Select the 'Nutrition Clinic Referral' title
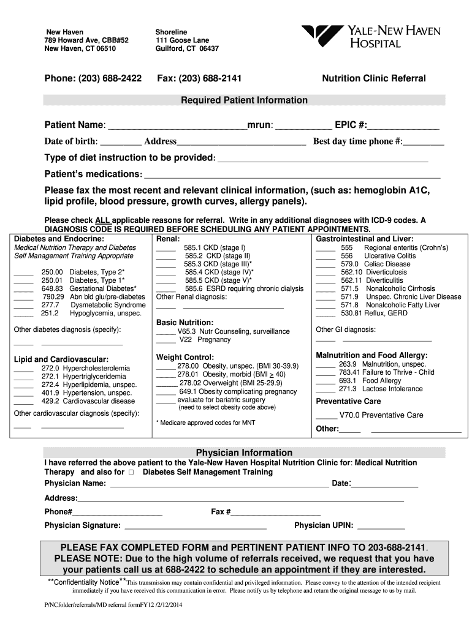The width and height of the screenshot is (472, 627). (x=373, y=78)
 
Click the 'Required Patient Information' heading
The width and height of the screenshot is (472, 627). (x=244, y=100)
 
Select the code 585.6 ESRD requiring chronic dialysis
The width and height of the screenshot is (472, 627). (x=243, y=288)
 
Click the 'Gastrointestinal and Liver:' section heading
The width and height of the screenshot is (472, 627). (x=364, y=238)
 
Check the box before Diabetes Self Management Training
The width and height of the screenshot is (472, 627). (x=131, y=473)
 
